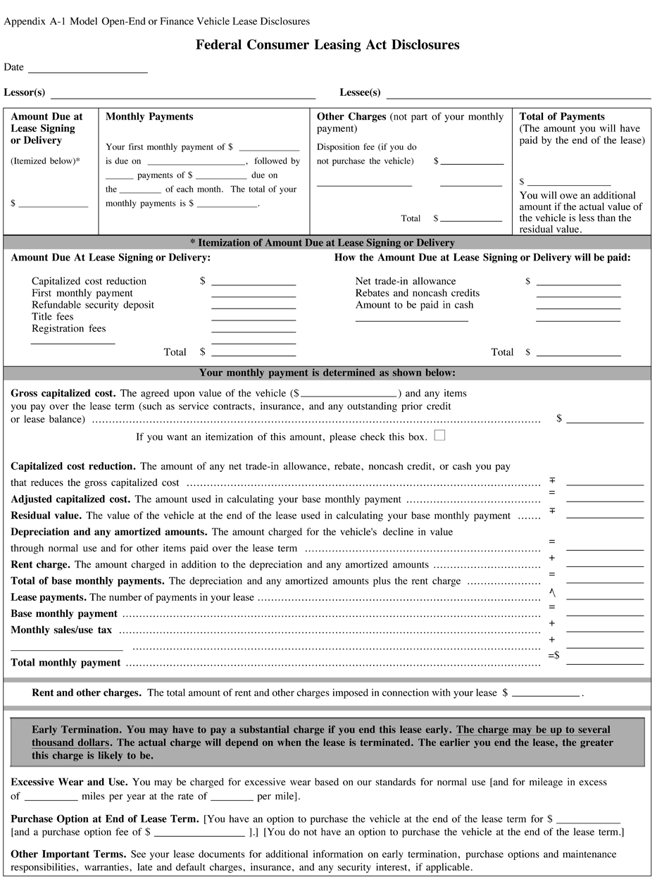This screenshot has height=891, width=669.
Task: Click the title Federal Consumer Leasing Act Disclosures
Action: [327, 45]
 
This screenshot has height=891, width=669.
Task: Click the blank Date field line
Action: [87, 70]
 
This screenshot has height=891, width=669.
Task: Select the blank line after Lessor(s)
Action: [182, 96]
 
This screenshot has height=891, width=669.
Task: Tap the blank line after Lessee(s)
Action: [518, 96]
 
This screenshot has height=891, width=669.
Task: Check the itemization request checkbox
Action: [439, 435]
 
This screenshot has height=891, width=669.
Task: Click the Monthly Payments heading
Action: [149, 117]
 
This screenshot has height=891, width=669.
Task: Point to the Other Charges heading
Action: [351, 117]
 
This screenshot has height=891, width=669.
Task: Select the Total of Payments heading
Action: [562, 117]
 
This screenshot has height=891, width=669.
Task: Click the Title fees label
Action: [53, 317]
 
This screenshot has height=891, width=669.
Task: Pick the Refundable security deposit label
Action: [93, 305]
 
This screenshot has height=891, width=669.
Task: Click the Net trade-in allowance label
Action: [406, 281]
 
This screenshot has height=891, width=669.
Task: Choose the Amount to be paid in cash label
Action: [414, 305]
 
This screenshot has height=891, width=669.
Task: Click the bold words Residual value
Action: [46, 516]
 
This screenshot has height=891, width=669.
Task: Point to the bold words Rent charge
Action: [40, 565]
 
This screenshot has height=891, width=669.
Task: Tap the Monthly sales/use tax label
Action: [61, 630]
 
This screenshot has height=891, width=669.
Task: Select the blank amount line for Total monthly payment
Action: [604, 663]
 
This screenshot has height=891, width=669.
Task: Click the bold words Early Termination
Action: [77, 730]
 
